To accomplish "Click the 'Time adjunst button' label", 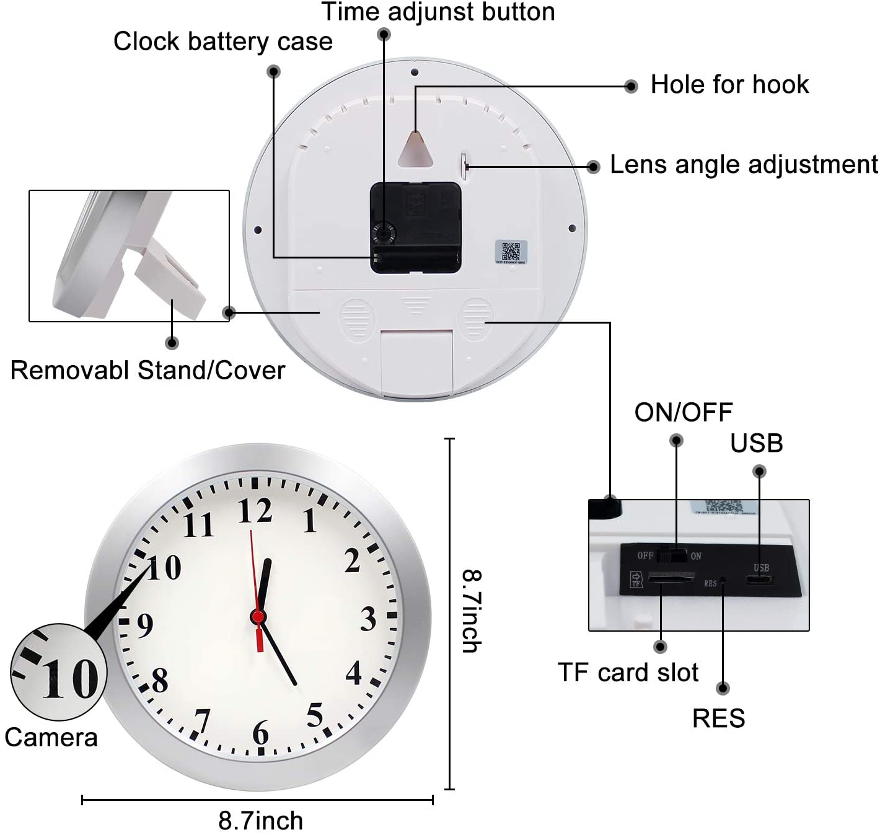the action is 438,12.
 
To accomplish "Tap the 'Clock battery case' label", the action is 223,42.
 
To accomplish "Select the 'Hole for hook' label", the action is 729,84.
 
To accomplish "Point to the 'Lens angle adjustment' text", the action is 744,165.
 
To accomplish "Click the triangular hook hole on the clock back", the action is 416,150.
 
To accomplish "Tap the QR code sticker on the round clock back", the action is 511,252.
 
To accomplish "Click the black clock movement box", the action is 415,228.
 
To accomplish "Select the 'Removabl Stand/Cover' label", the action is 147,370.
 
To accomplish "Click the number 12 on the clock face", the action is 255,511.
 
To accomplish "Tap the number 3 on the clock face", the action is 368,619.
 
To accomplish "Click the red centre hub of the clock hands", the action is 258,617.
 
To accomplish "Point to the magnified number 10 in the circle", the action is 69,679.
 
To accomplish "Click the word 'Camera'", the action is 51,738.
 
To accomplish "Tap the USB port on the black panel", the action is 759,580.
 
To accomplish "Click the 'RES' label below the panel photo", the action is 718,718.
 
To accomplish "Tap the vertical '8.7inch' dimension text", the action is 472,611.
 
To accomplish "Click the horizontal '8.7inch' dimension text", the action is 260,821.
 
